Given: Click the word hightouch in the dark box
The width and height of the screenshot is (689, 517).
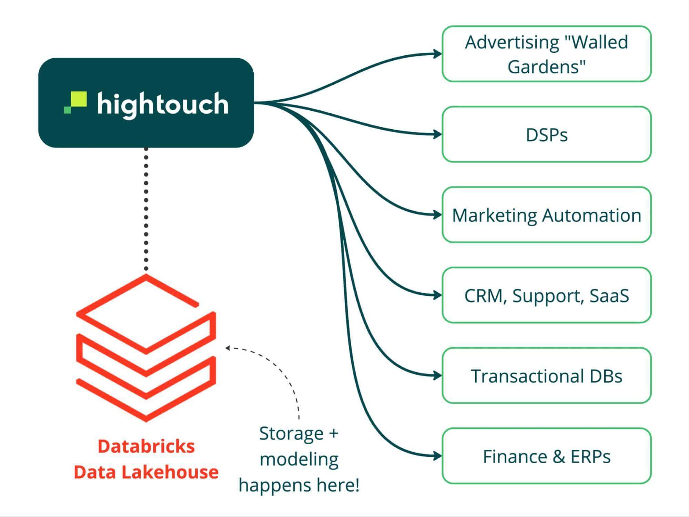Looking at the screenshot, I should tap(163, 103).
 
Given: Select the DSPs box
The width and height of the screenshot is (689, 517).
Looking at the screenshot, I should tap(547, 134).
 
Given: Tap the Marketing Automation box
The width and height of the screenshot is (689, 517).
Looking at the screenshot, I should tap(547, 215).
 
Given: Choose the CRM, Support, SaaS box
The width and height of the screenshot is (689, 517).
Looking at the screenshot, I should tap(547, 295).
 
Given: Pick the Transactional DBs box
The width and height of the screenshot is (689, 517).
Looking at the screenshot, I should tap(547, 376).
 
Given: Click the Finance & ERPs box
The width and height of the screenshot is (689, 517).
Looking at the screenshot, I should tap(547, 456).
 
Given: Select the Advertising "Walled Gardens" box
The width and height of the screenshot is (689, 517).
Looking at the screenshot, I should tap(547, 54).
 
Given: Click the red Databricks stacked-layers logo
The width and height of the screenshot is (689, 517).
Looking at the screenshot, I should tap(146, 348).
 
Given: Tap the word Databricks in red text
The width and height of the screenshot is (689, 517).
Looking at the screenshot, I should tap(146, 446).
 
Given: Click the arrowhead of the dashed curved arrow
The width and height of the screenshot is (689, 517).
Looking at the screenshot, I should tap(228, 348).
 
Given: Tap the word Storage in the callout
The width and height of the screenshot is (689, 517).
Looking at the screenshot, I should tap(291, 433).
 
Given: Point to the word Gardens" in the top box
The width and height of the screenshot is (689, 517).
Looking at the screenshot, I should tap(547, 67).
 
